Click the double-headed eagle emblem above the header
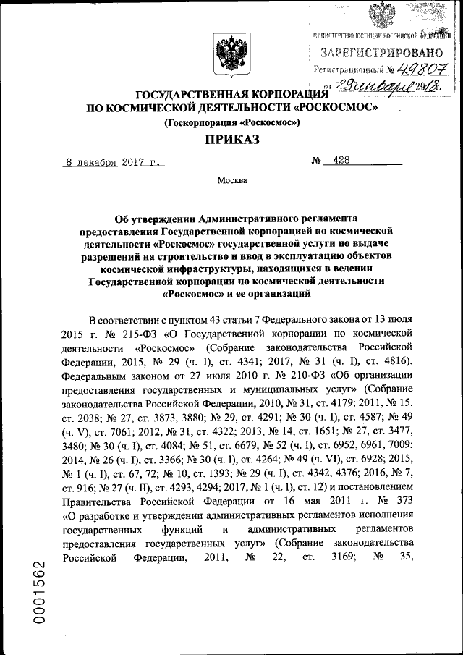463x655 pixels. (x=231, y=57)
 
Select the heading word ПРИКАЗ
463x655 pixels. (x=231, y=142)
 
